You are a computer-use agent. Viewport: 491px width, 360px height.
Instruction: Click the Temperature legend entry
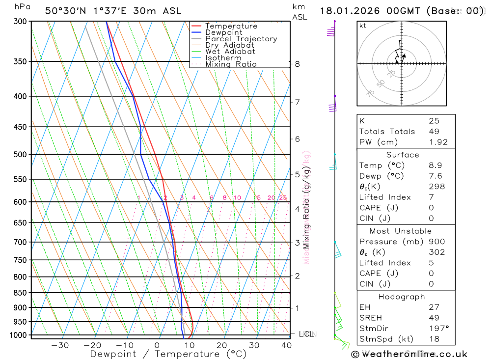tap(231, 26)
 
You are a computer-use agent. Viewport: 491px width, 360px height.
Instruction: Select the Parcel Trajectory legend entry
tap(241, 39)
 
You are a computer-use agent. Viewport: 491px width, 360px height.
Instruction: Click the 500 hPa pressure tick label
tap(20, 154)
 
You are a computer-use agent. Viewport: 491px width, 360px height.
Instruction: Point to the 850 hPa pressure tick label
tap(20, 293)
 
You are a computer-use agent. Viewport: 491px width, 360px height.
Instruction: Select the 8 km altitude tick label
tap(297, 64)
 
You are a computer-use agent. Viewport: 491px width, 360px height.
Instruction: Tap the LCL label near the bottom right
tap(306, 334)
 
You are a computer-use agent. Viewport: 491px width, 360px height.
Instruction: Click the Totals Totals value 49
tap(434, 132)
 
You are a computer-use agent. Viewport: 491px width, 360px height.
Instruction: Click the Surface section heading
tap(403, 155)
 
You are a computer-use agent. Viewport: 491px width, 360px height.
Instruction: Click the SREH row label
tap(370, 318)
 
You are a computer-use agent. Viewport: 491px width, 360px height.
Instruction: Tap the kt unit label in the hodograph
tap(363, 26)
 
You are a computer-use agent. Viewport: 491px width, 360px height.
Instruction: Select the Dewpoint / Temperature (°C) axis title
tap(168, 354)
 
